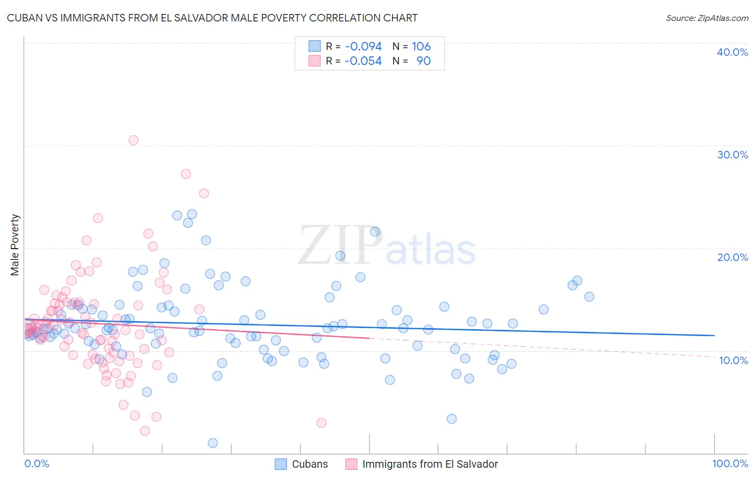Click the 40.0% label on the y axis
click(x=732, y=52)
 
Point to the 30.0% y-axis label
click(x=732, y=155)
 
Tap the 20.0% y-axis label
click(x=732, y=257)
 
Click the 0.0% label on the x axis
click(x=37, y=463)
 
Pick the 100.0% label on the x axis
click(x=730, y=463)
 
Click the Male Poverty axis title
click(x=15, y=245)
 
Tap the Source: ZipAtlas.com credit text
click(x=707, y=18)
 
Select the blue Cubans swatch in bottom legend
click(x=281, y=464)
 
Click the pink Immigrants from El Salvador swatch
click(x=351, y=464)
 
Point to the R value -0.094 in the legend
click(x=363, y=47)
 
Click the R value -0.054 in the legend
click(x=363, y=61)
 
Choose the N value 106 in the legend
click(x=421, y=47)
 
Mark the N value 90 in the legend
click(x=423, y=61)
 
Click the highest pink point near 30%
click(x=133, y=140)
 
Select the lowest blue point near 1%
click(x=213, y=443)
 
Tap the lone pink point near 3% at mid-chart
click(x=321, y=423)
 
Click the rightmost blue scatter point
click(x=589, y=296)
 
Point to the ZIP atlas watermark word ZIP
click(x=339, y=245)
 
